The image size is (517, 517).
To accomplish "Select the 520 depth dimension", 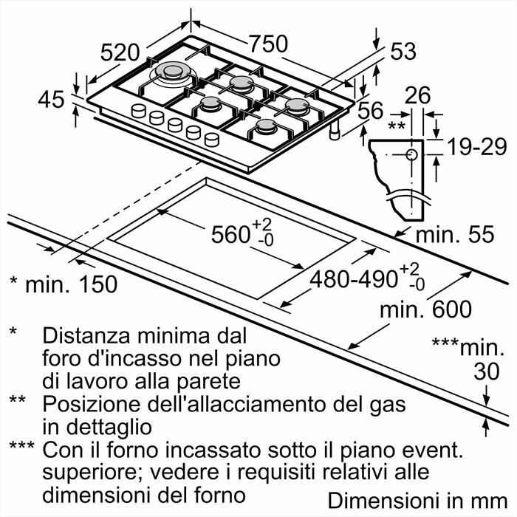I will (x=120, y=52).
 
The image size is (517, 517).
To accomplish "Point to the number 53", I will (x=403, y=52).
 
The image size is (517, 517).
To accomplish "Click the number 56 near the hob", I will (x=370, y=110).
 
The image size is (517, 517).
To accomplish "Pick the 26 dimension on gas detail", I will (x=418, y=95).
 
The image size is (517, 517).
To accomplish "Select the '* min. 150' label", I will (x=63, y=284).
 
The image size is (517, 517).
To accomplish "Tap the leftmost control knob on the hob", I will (x=138, y=112).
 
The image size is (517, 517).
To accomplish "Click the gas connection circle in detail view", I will (x=411, y=154).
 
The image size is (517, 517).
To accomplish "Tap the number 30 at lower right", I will (x=486, y=372).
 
